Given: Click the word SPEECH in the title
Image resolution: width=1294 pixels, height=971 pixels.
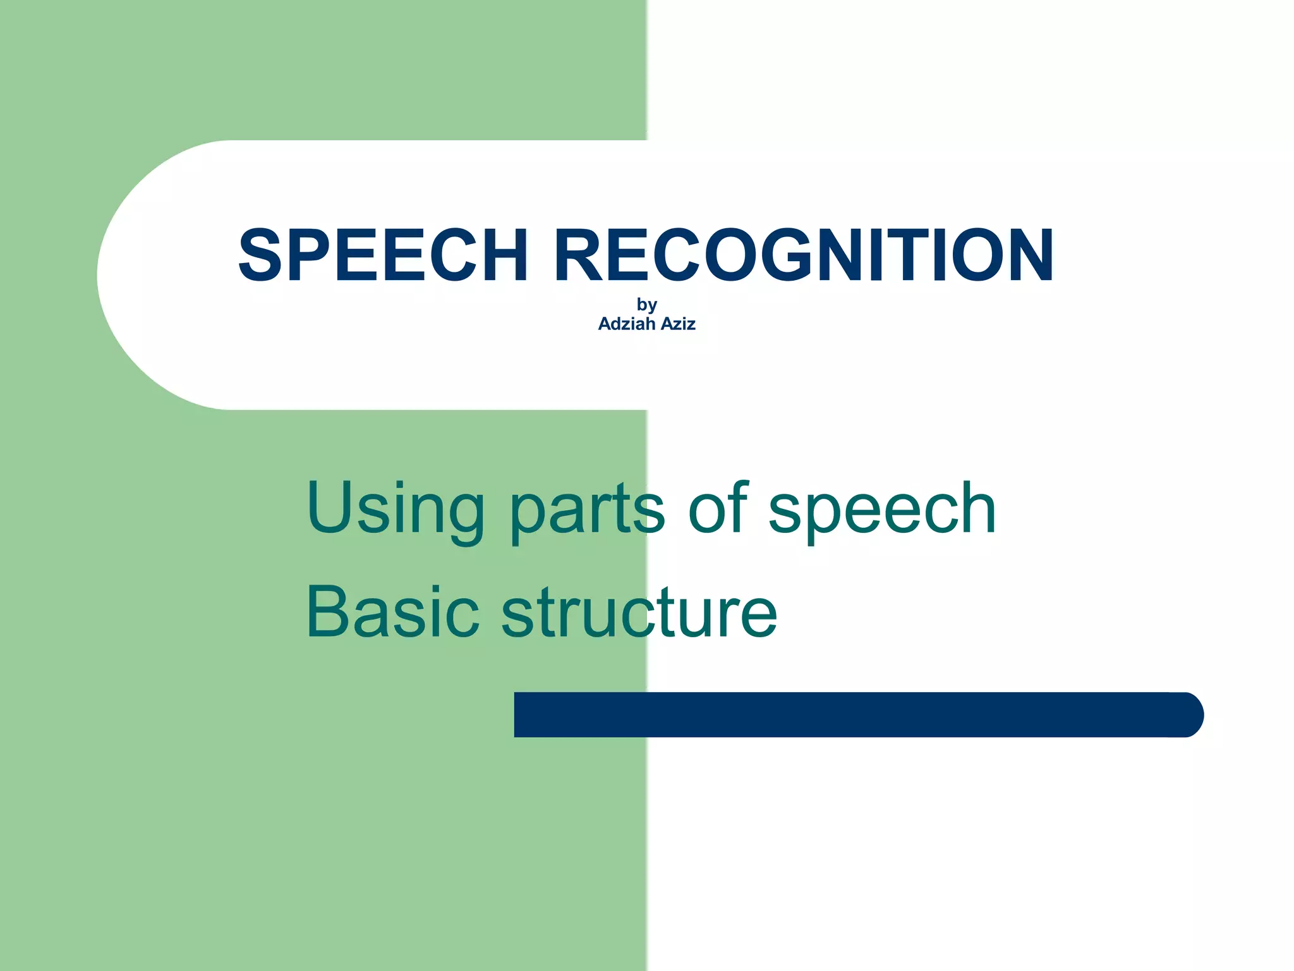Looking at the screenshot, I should pyautogui.click(x=383, y=255).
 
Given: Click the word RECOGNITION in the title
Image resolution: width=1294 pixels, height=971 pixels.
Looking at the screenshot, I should pyautogui.click(x=804, y=255).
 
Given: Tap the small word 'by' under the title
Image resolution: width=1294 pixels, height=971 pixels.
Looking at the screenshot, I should pyautogui.click(x=647, y=305).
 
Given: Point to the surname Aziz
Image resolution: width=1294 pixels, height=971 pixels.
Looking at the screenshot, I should pyautogui.click(x=678, y=324).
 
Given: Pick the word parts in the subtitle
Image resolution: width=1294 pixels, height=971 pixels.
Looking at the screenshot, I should pyautogui.click(x=587, y=509).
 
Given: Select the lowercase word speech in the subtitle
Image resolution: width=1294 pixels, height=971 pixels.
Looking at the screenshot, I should pyautogui.click(x=882, y=509).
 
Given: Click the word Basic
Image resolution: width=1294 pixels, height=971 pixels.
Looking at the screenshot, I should pyautogui.click(x=392, y=612).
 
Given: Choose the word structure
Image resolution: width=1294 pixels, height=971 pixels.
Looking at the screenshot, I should pyautogui.click(x=639, y=612).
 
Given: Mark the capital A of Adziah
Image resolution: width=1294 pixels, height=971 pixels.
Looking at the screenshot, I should pyautogui.click(x=605, y=324).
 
